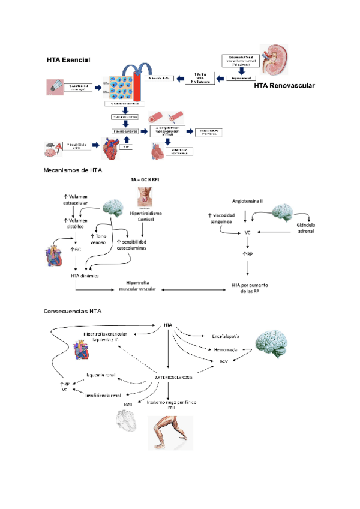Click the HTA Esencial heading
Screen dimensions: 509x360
tap(68, 61)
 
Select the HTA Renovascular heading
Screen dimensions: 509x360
tap(284, 86)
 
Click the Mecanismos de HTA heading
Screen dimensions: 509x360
tap(73, 170)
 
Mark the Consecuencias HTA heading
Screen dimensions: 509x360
tap(73, 312)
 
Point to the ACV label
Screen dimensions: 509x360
tap(223, 361)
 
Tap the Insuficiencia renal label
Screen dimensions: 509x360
tap(103, 396)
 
